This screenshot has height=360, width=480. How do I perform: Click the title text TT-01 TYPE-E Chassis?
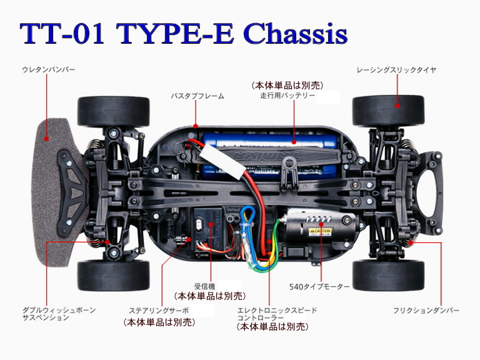point(182,34)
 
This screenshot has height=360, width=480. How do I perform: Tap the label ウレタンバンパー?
point(48,69)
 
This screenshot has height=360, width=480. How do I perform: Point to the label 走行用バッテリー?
point(287,96)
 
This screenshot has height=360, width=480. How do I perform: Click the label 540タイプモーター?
point(319,287)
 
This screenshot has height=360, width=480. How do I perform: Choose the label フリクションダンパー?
point(426,310)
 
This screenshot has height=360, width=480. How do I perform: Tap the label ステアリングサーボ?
point(158,311)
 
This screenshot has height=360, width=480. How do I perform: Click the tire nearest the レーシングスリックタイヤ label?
point(388,111)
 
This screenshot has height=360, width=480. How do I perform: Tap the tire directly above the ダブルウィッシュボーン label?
point(113,275)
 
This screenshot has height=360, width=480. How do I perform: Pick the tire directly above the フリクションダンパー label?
point(388,275)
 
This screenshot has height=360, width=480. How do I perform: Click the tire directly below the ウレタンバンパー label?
point(113,111)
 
